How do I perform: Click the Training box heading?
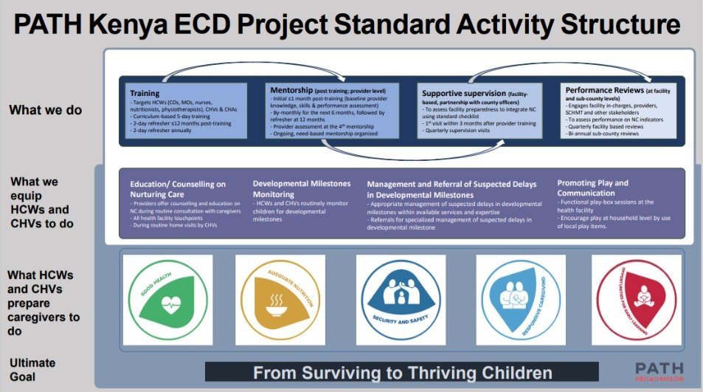(145, 94)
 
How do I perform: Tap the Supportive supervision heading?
(462, 93)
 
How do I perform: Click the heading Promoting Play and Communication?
(593, 188)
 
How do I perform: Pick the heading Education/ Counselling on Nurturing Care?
(178, 189)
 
